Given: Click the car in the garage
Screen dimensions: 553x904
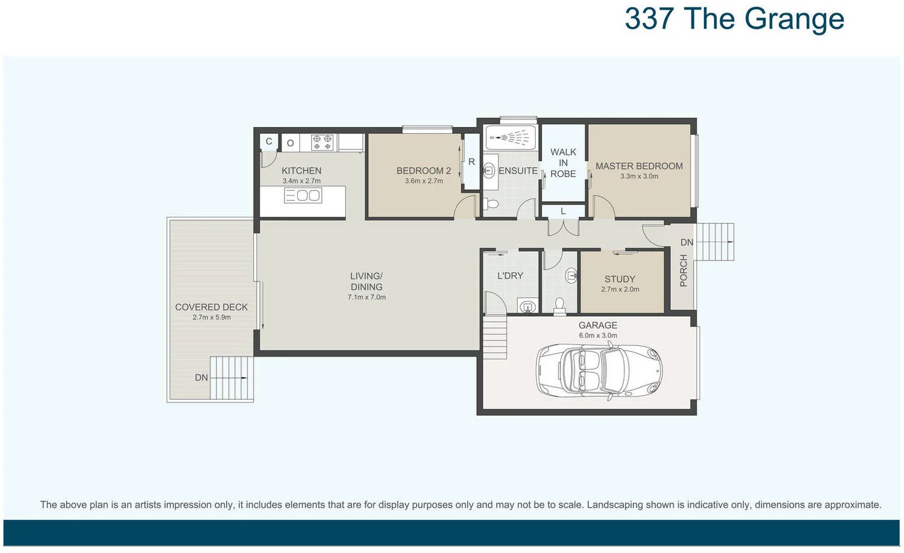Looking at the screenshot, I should pyautogui.click(x=599, y=370).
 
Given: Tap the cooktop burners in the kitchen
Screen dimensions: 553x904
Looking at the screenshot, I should pyautogui.click(x=322, y=142).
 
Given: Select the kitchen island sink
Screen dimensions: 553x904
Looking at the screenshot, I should pyautogui.click(x=303, y=195).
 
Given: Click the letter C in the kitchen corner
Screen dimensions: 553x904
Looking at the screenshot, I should pyautogui.click(x=269, y=142).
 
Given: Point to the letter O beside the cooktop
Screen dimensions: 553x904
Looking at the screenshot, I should pyautogui.click(x=290, y=143).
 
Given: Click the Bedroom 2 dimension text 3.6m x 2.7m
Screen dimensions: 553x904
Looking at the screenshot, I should pyautogui.click(x=424, y=181).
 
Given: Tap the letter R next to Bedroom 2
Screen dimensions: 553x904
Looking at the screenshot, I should pyautogui.click(x=471, y=161).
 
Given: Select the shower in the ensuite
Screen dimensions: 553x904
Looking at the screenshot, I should pyautogui.click(x=510, y=138).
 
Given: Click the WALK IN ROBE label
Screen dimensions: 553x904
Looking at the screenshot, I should pyautogui.click(x=563, y=163).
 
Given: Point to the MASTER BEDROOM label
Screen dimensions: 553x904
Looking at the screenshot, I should pyautogui.click(x=639, y=166).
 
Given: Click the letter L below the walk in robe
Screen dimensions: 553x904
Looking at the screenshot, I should pyautogui.click(x=563, y=211).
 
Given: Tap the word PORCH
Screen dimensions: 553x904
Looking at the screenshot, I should pyautogui.click(x=683, y=270).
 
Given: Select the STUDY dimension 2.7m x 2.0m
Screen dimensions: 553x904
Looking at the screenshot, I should pyautogui.click(x=620, y=289).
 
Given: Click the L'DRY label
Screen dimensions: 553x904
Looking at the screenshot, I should pyautogui.click(x=510, y=275).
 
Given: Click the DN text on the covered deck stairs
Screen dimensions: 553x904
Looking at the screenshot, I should pyautogui.click(x=201, y=378).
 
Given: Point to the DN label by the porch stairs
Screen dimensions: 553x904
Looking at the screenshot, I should pyautogui.click(x=686, y=242).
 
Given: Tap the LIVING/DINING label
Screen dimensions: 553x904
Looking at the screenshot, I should pyautogui.click(x=366, y=281).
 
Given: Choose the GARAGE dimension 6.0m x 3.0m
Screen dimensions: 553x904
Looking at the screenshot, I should pyautogui.click(x=598, y=336).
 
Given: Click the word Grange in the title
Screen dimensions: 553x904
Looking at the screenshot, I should pyautogui.click(x=794, y=19).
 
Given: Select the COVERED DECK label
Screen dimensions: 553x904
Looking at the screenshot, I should pyautogui.click(x=212, y=307).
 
